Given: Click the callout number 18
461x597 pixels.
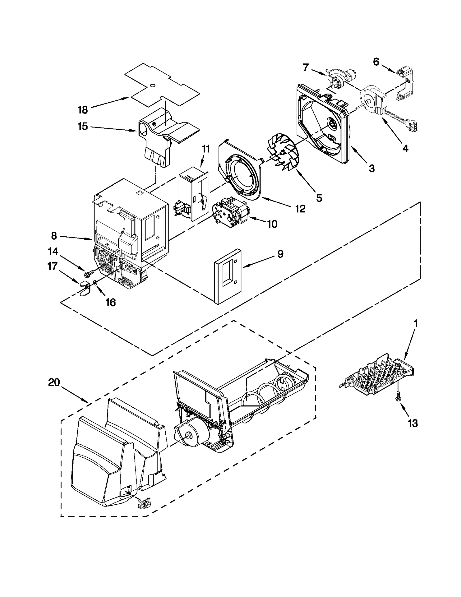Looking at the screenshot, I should tap(82, 110).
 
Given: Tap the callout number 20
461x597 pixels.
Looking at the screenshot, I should tap(54, 383).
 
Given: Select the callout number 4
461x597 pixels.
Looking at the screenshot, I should tap(405, 148).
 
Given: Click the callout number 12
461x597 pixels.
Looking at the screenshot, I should tap(300, 209).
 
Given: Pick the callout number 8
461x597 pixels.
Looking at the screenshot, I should tap(54, 236).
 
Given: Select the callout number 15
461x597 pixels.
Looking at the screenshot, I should tap(82, 126).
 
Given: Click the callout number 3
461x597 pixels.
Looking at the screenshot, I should tap(372, 168).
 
